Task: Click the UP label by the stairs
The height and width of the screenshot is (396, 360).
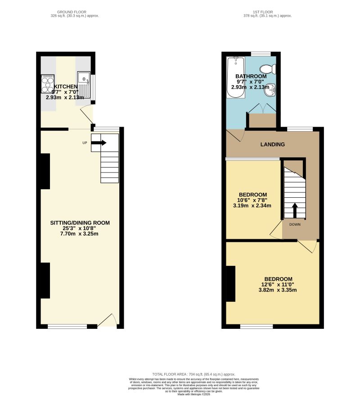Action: coord(85,143)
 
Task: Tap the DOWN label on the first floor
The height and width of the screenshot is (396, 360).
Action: coord(295,224)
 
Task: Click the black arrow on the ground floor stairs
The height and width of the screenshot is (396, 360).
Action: coord(99,143)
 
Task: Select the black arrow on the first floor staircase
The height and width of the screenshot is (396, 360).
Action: coord(295,210)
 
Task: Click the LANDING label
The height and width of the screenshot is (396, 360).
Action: coord(272,145)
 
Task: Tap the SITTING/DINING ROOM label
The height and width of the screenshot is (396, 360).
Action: coord(81,223)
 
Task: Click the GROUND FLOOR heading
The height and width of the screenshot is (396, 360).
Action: coord(75,12)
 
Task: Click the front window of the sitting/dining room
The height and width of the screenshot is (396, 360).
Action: coord(67,326)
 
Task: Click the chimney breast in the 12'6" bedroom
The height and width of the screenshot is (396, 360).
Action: coord(231,283)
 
